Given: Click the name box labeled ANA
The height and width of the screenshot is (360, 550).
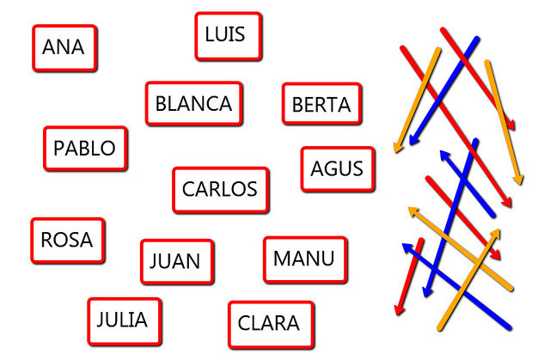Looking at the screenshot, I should click(x=64, y=47).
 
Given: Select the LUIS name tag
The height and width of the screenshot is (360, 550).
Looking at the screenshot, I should click(x=227, y=35).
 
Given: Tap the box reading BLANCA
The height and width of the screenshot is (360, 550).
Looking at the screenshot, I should click(x=193, y=104).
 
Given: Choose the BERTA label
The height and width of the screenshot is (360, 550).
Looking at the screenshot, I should click(x=321, y=105).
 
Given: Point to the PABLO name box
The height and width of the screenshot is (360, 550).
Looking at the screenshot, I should click(x=84, y=149).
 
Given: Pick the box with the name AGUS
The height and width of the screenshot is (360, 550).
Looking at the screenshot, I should click(x=337, y=168).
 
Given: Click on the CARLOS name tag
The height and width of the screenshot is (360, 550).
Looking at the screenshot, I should click(x=220, y=189).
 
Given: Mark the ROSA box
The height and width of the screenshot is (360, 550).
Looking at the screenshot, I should click(x=67, y=240).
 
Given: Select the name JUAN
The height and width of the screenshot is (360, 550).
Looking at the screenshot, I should click(x=176, y=261).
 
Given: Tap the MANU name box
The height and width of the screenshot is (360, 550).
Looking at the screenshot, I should click(x=304, y=259).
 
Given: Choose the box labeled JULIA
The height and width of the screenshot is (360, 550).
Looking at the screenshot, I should click(x=123, y=320).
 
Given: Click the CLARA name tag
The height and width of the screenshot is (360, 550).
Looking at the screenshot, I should click(x=270, y=323).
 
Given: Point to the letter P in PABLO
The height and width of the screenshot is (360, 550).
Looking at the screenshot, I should click(x=59, y=149).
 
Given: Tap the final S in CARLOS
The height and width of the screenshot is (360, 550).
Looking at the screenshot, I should click(x=251, y=189).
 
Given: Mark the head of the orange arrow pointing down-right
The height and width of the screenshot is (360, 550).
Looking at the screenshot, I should click(x=518, y=182).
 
